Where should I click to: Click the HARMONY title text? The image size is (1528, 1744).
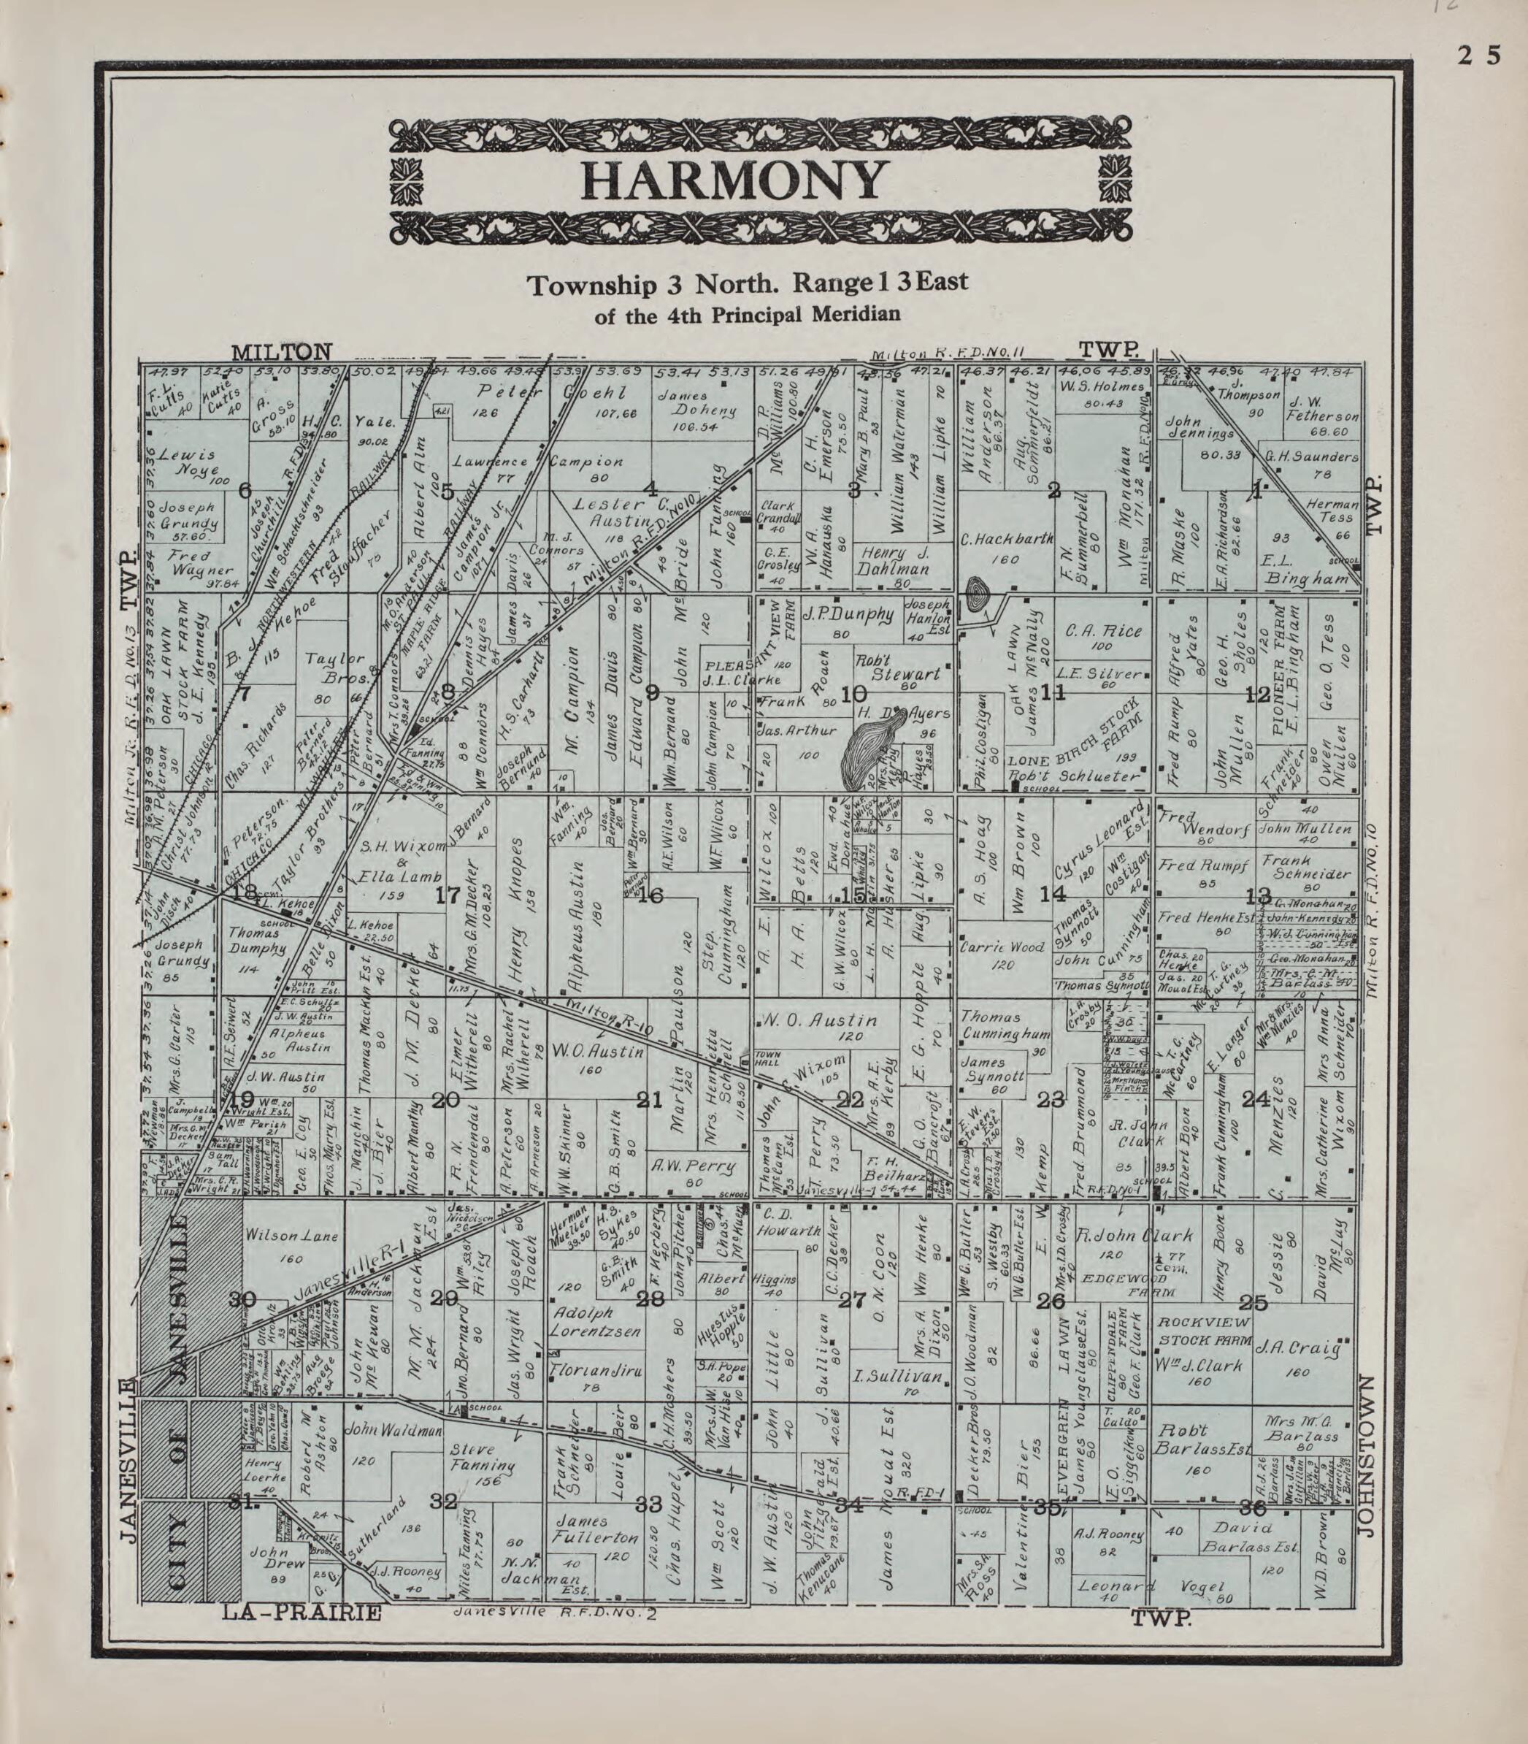click(x=732, y=181)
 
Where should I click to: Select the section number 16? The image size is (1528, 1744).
click(x=651, y=895)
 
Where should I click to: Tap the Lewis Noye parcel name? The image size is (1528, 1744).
click(x=198, y=462)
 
